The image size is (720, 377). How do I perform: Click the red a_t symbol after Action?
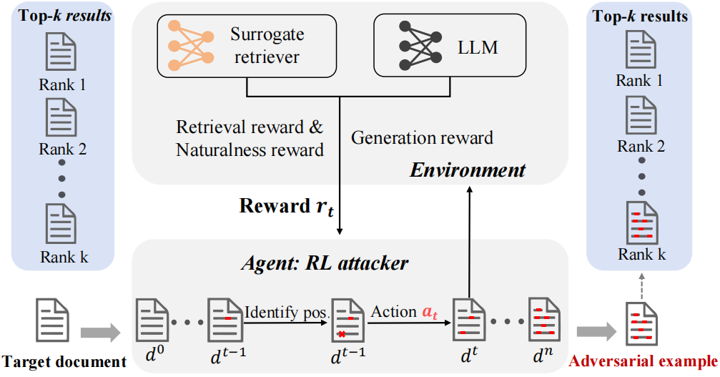point(430,312)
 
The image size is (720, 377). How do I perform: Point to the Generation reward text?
point(422,137)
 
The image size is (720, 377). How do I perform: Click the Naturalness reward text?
point(250,150)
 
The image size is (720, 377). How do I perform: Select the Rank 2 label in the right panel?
point(641,146)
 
